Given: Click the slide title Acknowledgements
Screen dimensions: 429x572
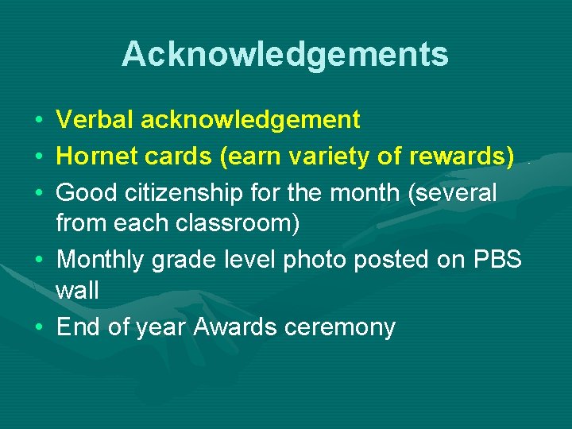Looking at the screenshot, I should (x=285, y=55).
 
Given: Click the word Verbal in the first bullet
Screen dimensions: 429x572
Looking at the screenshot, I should (x=95, y=120).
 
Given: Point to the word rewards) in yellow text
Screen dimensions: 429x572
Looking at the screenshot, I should (x=461, y=157).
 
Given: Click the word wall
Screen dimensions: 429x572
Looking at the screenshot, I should (x=77, y=291).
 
